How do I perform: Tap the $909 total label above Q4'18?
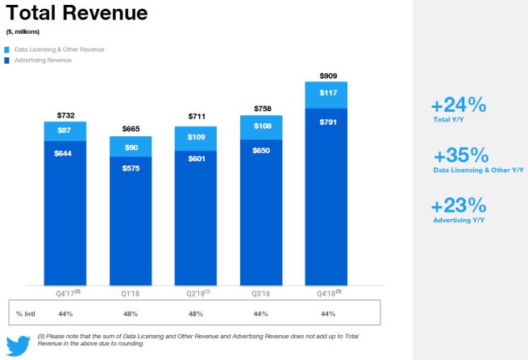point(326,75)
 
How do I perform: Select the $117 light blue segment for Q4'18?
point(326,94)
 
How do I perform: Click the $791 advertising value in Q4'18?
point(326,122)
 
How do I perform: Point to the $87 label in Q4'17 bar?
point(65,130)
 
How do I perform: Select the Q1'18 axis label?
point(131,293)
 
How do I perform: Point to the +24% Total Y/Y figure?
point(458,106)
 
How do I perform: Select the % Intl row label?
point(25,312)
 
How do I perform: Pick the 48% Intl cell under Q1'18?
point(131,312)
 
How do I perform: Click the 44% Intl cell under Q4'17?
point(65,312)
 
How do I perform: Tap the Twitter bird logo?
point(19,342)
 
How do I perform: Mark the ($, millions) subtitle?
point(23,31)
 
